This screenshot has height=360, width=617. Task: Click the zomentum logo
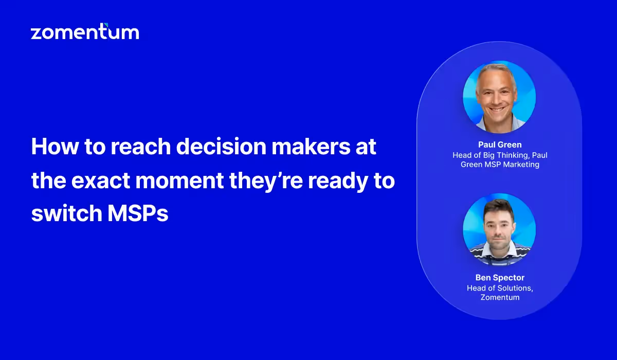coord(85,32)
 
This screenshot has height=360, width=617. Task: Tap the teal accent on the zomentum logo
coord(105,25)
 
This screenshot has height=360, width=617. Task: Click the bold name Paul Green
coord(499,145)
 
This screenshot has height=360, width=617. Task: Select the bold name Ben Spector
coord(499,278)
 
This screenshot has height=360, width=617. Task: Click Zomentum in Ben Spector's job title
coord(499,297)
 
